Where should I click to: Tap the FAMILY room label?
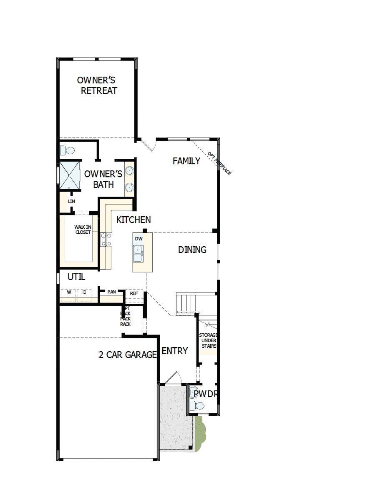point(186,161)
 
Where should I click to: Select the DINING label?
point(192,250)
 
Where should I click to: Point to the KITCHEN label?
point(134,220)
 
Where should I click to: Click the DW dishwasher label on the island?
point(139,239)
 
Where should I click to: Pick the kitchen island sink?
point(138,252)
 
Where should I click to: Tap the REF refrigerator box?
point(134,293)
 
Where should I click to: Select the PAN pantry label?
point(111,292)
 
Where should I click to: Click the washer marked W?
point(68,292)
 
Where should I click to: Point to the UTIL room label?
point(76,277)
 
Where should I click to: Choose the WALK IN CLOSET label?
point(83,230)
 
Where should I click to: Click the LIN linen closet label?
point(71,201)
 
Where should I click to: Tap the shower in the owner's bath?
point(69,175)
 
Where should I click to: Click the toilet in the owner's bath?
point(67,150)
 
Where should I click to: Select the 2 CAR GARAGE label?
point(128,355)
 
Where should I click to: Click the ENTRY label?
point(174,351)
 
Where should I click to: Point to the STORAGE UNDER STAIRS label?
point(207,340)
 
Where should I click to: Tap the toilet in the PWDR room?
point(197,405)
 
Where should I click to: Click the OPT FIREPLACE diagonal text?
point(219,163)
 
